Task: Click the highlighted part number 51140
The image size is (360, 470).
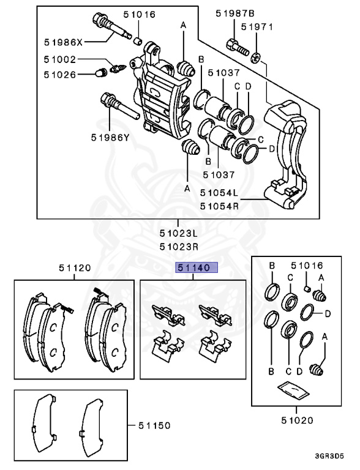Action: (x=193, y=267)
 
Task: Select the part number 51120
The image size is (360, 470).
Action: (x=75, y=267)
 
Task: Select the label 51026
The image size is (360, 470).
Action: (x=59, y=75)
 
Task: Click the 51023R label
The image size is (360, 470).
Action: (x=179, y=247)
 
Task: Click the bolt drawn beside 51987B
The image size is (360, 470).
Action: (x=236, y=45)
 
